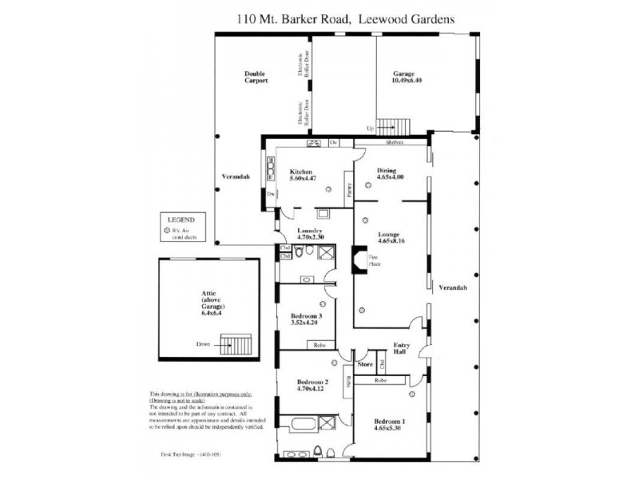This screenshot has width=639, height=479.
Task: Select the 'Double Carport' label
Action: tap(256, 77)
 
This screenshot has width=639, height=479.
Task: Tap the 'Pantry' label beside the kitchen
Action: tap(349, 189)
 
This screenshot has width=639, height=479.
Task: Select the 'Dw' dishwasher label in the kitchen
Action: tap(272, 194)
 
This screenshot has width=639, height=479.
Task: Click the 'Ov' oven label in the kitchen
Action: tap(335, 143)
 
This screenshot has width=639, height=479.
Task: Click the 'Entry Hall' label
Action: tap(403, 349)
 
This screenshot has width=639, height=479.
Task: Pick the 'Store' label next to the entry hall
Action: tap(366, 364)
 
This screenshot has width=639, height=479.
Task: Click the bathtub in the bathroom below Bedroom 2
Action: tap(298, 423)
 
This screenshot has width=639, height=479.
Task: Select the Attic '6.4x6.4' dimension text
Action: tap(208, 314)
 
